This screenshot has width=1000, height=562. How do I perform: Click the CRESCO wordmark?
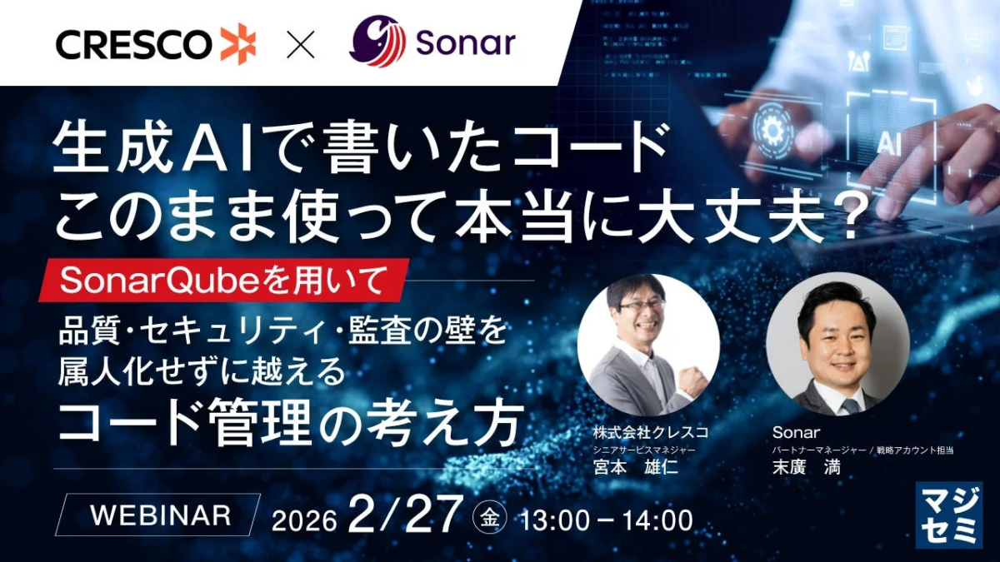pos(133,45)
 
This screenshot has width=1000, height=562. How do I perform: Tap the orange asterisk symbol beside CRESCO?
pos(239,43)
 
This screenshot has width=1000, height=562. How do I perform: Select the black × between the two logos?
pos(301,44)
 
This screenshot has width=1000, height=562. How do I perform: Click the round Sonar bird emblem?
pos(377,42)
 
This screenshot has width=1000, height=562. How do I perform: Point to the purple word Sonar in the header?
pos(466,43)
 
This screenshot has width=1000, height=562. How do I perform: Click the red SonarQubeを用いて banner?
pos(223,280)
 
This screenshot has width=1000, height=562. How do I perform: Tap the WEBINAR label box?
pos(157,515)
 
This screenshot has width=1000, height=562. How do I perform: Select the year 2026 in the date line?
pos(304,520)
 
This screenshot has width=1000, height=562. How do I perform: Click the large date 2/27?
pos(403,515)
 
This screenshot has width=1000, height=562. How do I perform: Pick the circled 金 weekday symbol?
pos(489,517)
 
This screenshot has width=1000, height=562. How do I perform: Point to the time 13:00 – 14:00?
pos(607,520)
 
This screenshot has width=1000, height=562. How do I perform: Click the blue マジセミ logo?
pos(948,515)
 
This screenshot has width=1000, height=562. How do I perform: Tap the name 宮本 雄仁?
pos(636,467)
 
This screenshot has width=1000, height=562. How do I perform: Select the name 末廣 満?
pos(807,467)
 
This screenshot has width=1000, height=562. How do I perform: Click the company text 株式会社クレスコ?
pos(651,432)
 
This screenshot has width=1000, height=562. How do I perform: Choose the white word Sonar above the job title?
pos(796,432)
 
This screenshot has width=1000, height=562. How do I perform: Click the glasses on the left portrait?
pos(642,305)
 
